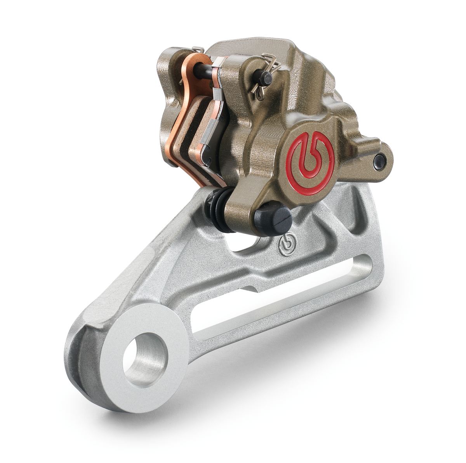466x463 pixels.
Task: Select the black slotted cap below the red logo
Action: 278,219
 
